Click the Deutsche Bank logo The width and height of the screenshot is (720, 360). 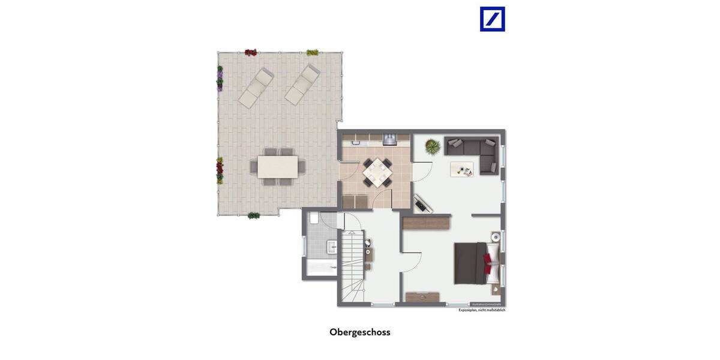(x=492, y=19)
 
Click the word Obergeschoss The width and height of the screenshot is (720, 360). (x=359, y=332)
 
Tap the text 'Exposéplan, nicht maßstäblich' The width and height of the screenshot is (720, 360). (x=482, y=310)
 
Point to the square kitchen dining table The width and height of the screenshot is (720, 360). (x=376, y=172)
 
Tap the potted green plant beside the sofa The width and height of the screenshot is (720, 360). (x=431, y=146)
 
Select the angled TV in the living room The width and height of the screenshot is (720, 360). (x=423, y=203)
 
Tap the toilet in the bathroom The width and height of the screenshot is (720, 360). (x=313, y=220)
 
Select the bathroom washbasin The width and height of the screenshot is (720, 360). (x=331, y=246)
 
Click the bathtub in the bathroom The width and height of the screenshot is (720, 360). (x=322, y=268)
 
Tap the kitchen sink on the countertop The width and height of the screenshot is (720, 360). (x=356, y=142)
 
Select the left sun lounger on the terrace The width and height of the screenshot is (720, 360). (x=256, y=87)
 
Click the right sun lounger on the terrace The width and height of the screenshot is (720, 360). (x=302, y=84)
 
